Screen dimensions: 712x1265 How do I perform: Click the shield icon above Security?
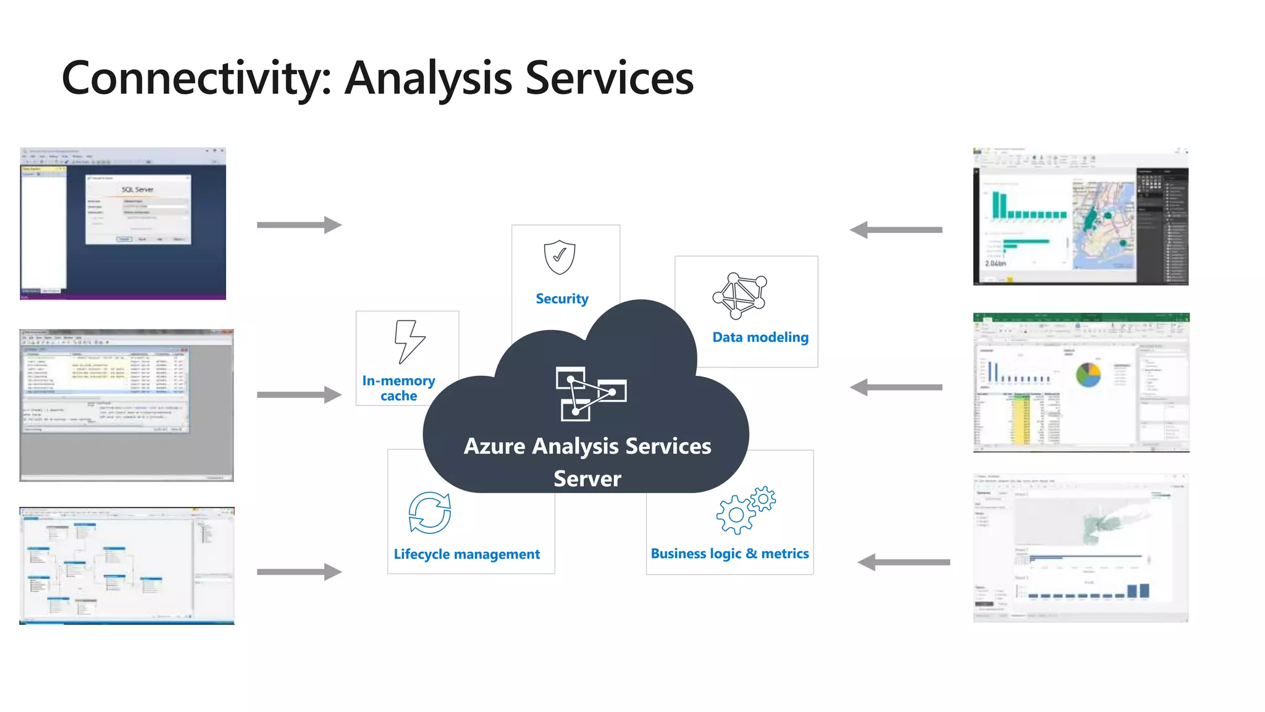(560, 257)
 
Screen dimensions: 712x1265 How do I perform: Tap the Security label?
(562, 299)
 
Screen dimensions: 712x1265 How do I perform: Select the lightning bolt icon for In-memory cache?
(409, 341)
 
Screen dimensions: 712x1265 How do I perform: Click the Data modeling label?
(760, 337)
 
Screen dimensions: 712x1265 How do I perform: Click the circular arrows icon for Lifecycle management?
(430, 512)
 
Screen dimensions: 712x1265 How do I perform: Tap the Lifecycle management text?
(467, 554)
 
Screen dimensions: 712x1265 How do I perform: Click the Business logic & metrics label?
(729, 554)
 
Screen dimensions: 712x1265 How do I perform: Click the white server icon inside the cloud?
(590, 394)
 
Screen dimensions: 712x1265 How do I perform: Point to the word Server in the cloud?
(587, 479)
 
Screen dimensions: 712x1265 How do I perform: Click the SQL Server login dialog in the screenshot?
(138, 210)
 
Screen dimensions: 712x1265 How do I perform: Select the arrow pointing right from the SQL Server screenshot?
(299, 225)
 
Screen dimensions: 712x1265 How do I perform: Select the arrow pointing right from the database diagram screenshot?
(299, 572)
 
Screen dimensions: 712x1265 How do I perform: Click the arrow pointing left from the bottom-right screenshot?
(903, 562)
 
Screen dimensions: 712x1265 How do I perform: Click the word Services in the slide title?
(609, 78)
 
